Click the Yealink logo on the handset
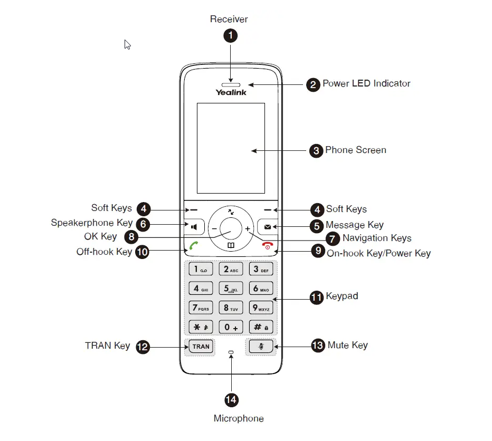click(231, 92)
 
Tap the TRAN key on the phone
click(201, 347)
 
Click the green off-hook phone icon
click(194, 245)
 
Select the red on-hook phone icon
click(268, 245)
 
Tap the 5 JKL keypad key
click(231, 289)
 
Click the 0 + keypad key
click(231, 327)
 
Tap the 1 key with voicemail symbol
click(201, 269)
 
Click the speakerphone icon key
click(194, 226)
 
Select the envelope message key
click(267, 226)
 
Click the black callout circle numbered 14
click(232, 400)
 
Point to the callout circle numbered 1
click(231, 35)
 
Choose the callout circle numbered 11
click(317, 298)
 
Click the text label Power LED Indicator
click(366, 83)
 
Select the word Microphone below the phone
click(239, 418)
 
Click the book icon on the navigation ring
click(231, 245)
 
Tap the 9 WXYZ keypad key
click(261, 308)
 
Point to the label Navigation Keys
click(377, 238)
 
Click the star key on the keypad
click(201, 327)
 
